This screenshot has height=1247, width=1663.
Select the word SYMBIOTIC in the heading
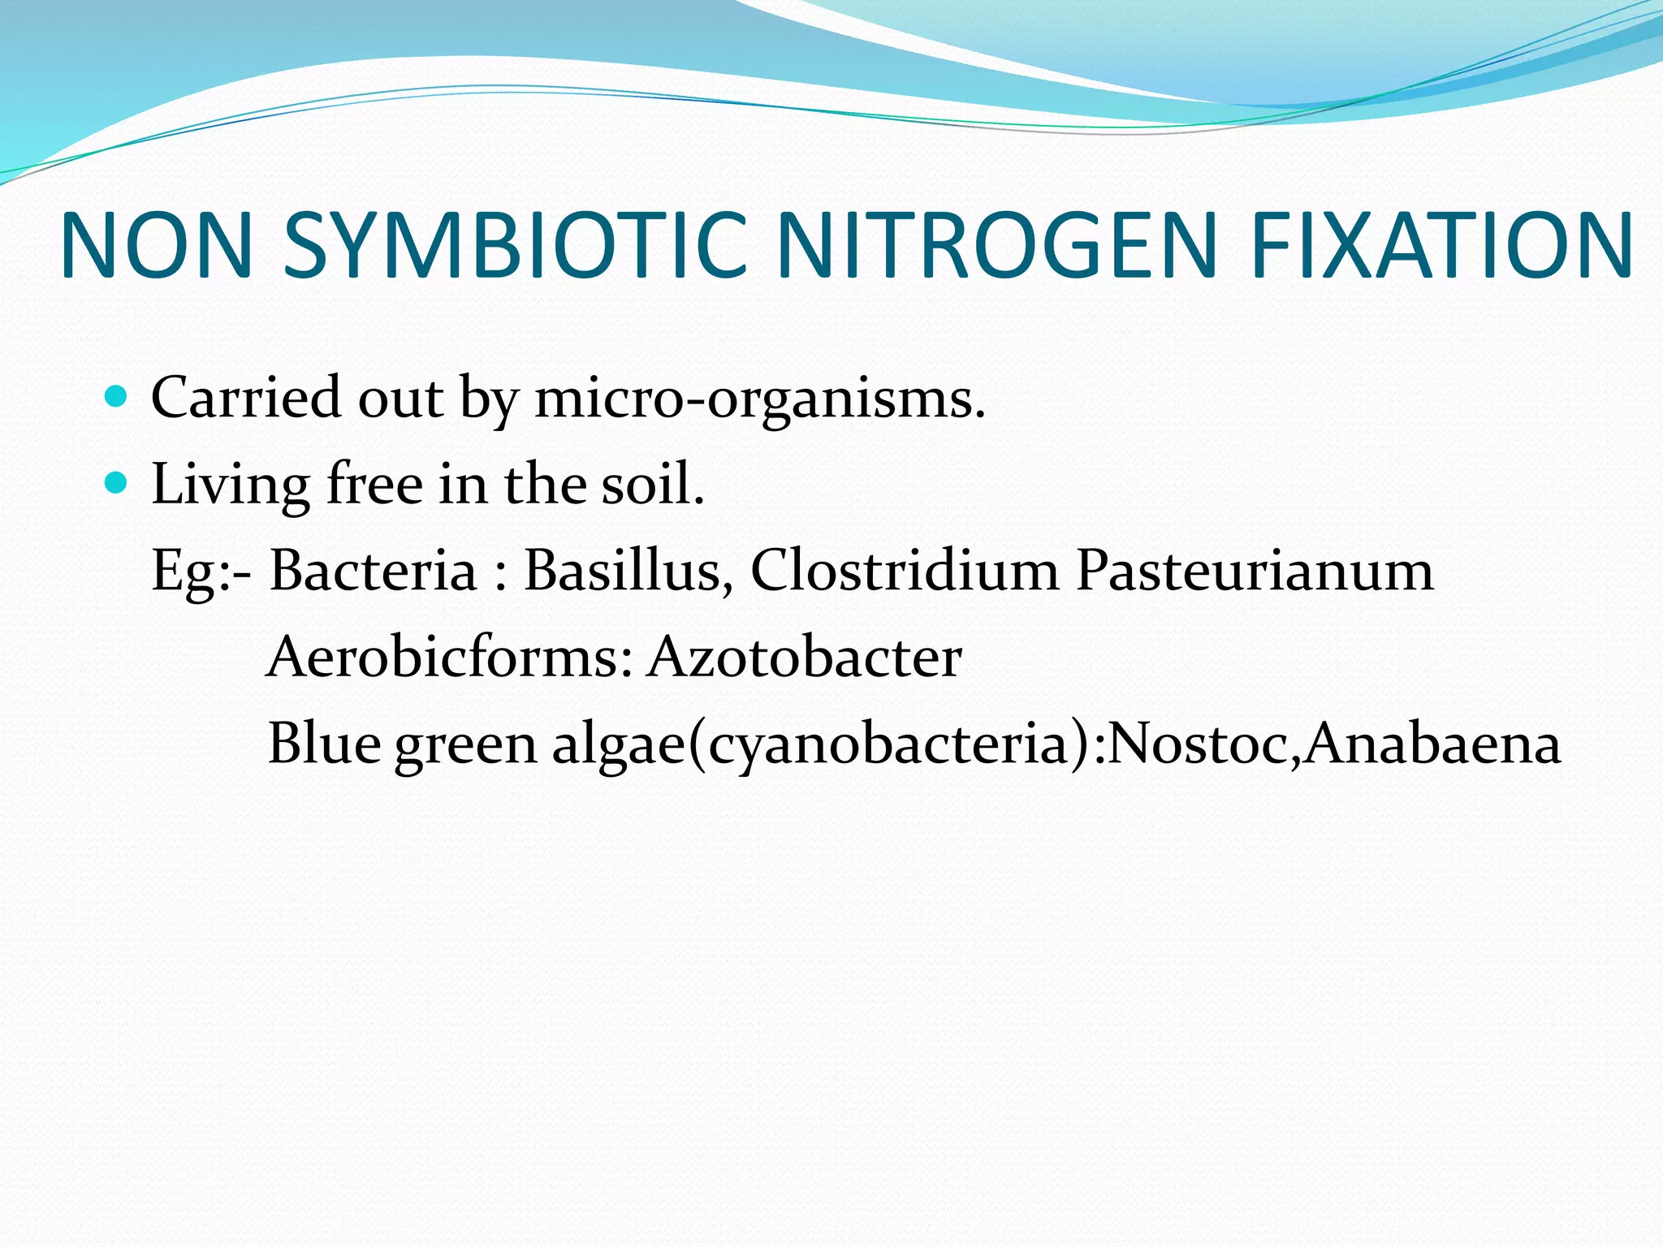[x=515, y=245]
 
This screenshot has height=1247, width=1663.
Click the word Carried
[x=246, y=398]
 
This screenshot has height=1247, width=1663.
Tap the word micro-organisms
[x=759, y=399]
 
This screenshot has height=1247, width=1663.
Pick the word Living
[x=231, y=485]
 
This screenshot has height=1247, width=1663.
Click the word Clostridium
[x=905, y=570]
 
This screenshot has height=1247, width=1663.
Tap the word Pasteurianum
[x=1255, y=570]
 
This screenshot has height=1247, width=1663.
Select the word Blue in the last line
[x=324, y=743]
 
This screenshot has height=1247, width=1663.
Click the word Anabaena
[x=1432, y=743]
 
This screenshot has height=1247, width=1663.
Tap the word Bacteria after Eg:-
[x=374, y=570]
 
